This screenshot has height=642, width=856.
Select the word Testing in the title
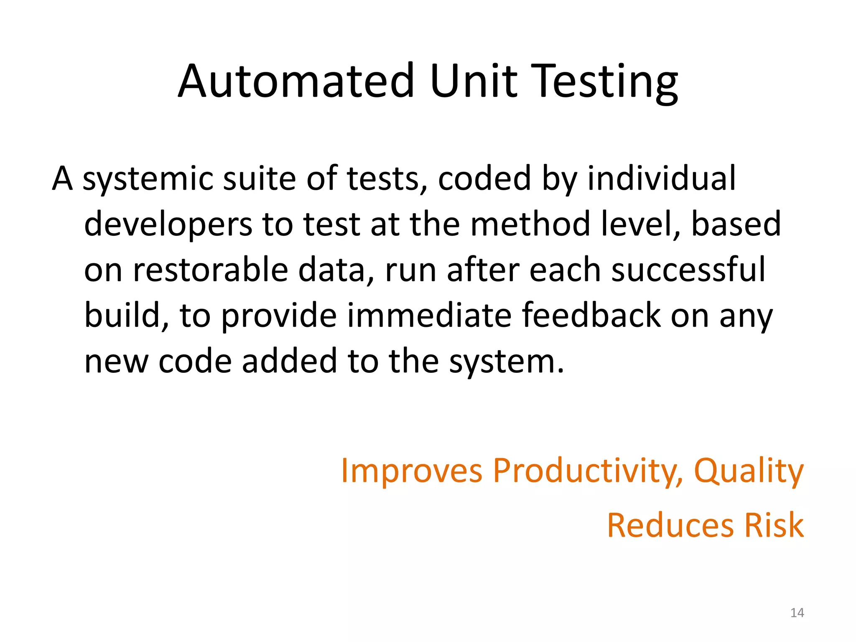pos(606,82)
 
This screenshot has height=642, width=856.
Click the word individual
pos(661,178)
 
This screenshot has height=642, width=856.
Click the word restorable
pos(211,270)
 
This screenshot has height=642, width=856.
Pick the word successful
pos(688,270)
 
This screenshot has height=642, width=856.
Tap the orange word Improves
pos(412,471)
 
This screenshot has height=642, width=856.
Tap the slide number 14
pos(797,613)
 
